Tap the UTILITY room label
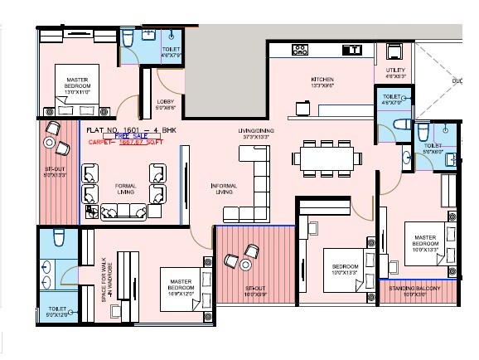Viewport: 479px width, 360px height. point(394,72)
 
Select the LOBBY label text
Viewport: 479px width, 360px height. point(165,105)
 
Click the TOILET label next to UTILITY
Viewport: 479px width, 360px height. point(390,100)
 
